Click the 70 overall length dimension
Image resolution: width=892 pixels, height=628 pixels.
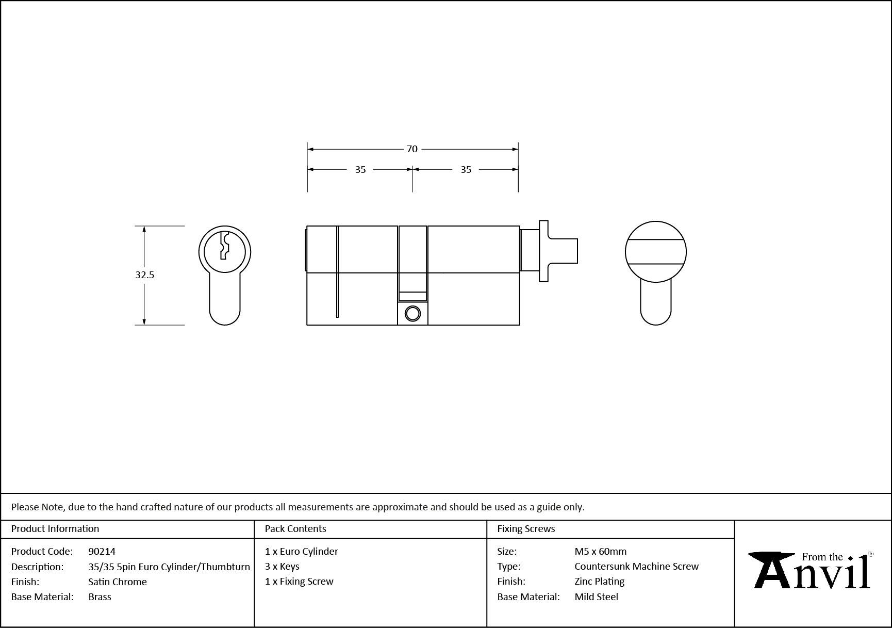(412, 149)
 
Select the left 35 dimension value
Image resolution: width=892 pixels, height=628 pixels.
(360, 170)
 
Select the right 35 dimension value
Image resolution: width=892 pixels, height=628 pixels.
(466, 170)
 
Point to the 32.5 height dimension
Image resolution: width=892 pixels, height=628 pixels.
(145, 275)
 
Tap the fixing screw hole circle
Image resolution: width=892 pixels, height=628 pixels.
(412, 313)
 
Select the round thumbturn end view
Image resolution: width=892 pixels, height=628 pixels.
(655, 252)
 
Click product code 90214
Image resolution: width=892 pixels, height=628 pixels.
(102, 552)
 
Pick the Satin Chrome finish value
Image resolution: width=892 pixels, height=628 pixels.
(118, 582)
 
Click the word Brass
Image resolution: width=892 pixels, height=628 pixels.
(100, 597)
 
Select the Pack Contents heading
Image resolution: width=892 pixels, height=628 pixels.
(295, 529)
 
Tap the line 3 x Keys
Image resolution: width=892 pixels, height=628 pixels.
(282, 567)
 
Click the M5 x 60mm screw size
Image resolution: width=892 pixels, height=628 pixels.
(601, 552)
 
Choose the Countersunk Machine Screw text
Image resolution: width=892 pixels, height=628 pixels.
(637, 567)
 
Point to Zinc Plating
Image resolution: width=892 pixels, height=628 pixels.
(600, 582)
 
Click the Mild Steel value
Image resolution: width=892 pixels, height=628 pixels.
(597, 597)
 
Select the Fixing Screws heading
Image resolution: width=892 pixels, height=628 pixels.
(526, 529)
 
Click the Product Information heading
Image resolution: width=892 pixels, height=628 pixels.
(55, 529)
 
